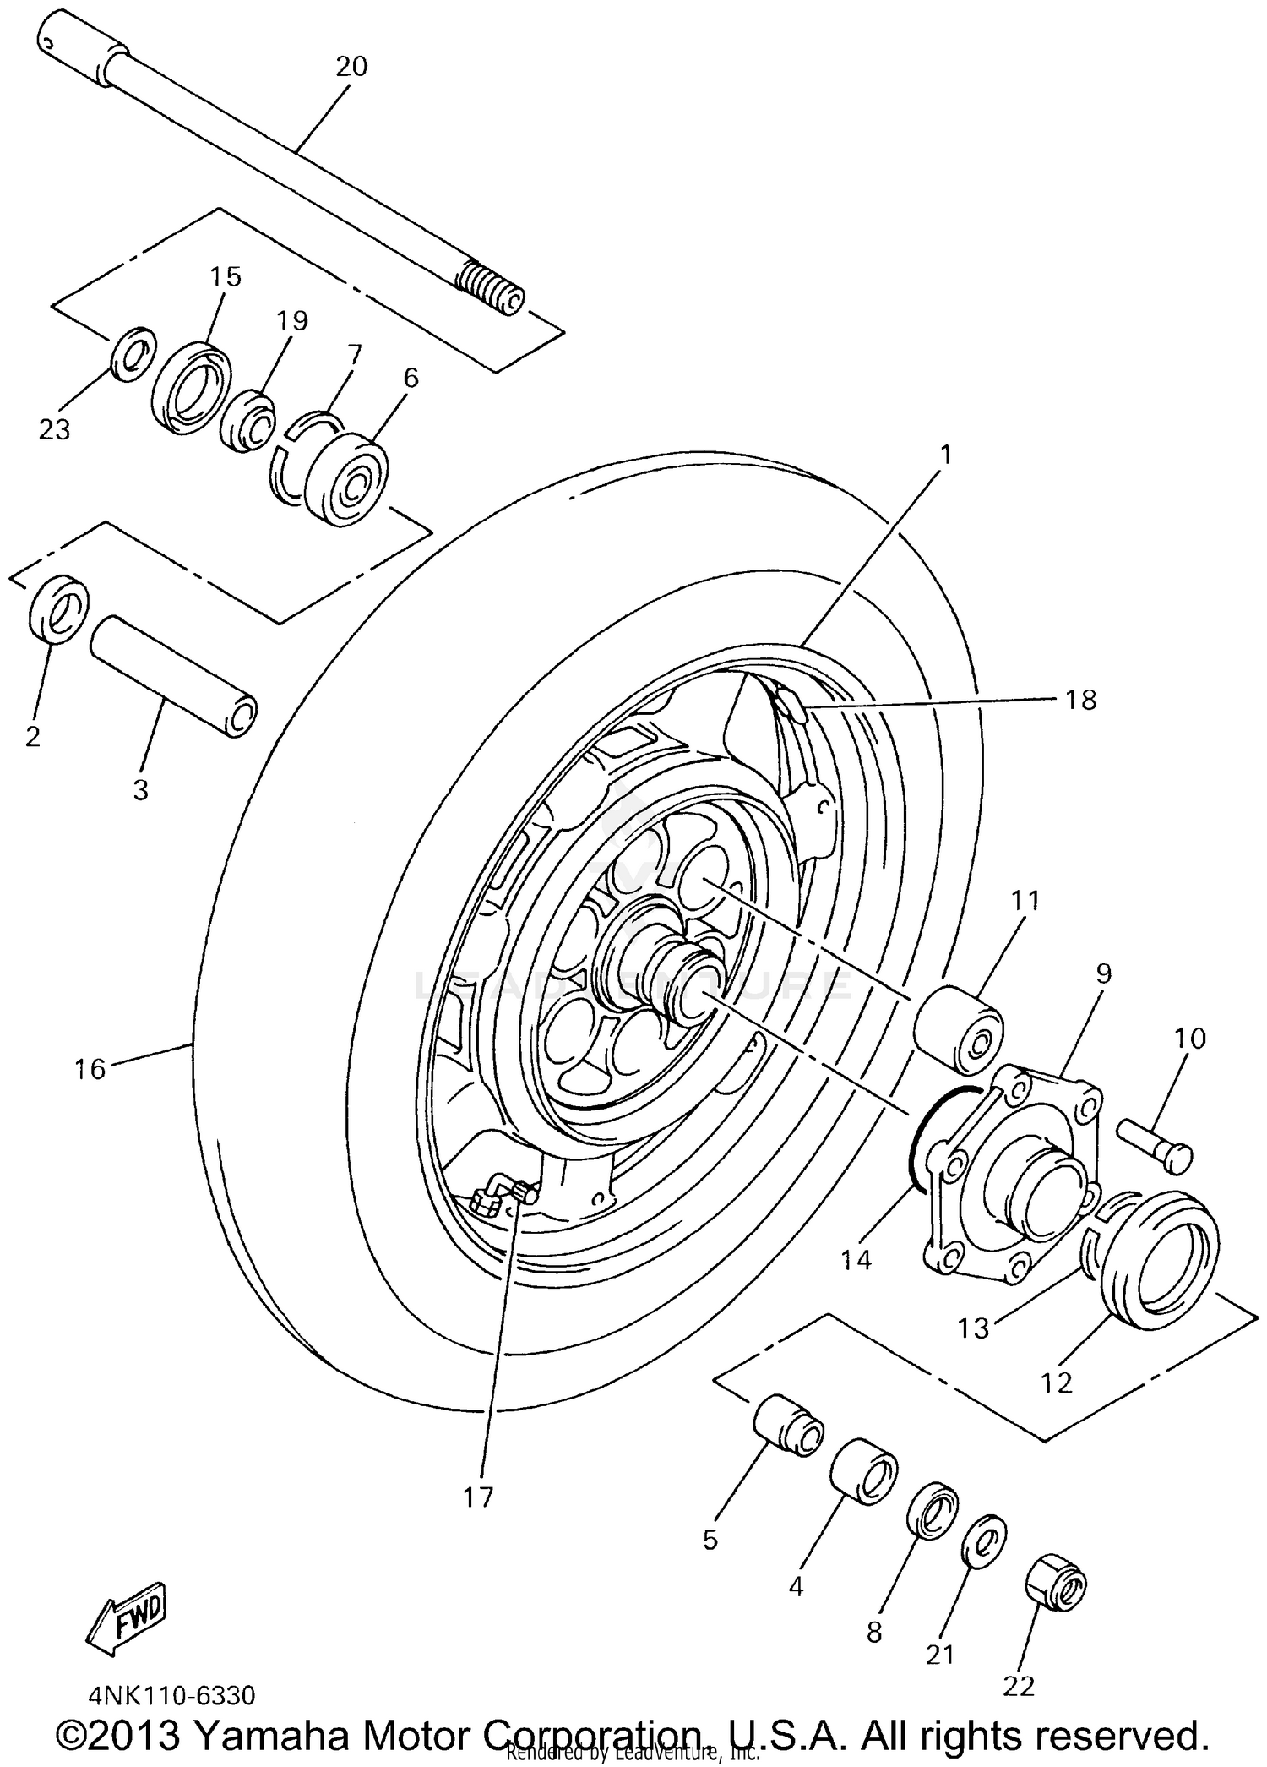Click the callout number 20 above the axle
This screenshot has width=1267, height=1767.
pyautogui.click(x=351, y=66)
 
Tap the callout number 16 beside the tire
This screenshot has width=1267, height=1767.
pyautogui.click(x=90, y=1070)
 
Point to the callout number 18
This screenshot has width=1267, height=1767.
pyautogui.click(x=1080, y=700)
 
